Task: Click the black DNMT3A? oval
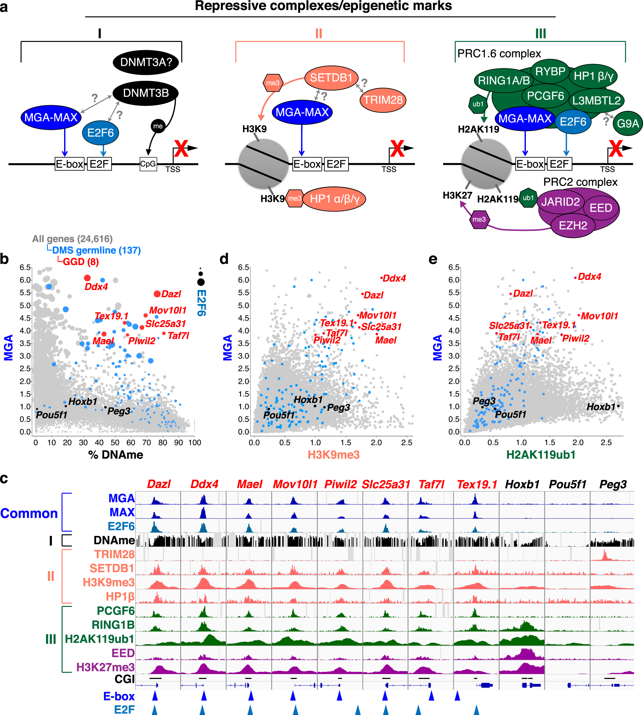145,62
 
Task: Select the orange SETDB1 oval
331,78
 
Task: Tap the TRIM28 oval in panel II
383,100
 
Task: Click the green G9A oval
627,124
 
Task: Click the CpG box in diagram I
148,164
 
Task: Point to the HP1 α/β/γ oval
334,199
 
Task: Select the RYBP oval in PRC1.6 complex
550,71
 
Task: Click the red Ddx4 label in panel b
96,287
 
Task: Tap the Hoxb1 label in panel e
601,407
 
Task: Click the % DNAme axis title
116,455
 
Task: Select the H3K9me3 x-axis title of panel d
334,455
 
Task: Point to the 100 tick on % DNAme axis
194,442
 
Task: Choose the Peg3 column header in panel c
613,484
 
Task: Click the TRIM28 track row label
114,554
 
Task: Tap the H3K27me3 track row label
105,667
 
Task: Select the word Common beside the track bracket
29,513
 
